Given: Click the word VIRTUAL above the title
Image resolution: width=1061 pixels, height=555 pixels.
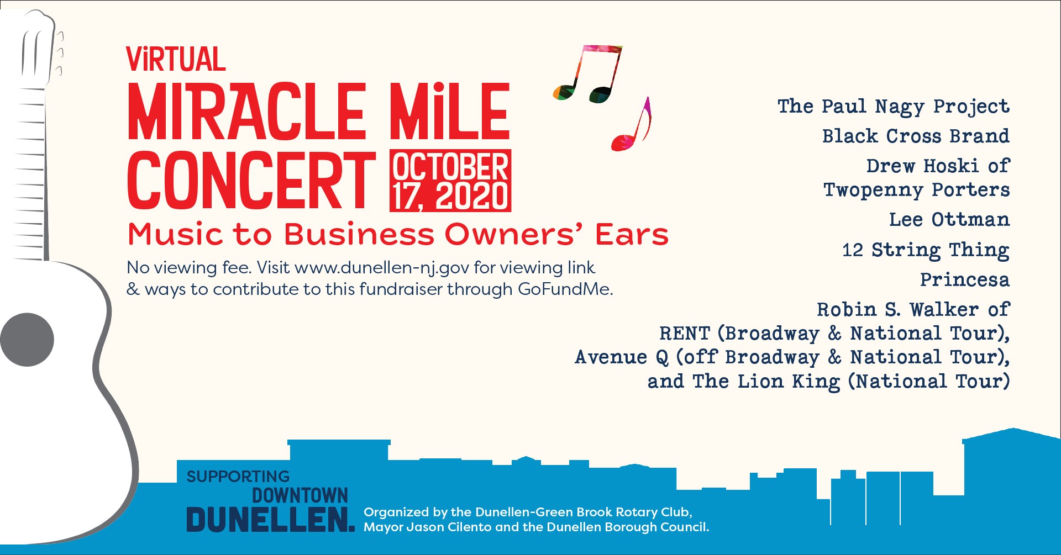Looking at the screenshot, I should (x=176, y=60).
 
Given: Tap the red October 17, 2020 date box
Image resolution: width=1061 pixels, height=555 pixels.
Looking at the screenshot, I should (x=450, y=181).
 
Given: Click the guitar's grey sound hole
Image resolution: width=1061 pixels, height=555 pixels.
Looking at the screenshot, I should (x=27, y=340).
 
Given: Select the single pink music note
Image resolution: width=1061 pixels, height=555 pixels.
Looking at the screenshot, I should (x=632, y=126).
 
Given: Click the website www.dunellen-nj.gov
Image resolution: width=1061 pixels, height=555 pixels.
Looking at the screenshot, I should (x=382, y=268).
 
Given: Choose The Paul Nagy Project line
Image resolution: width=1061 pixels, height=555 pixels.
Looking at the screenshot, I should (x=893, y=106).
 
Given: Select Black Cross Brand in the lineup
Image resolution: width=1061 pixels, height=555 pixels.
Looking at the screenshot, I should (x=915, y=136).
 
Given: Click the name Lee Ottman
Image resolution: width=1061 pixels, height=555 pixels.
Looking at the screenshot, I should (x=949, y=220).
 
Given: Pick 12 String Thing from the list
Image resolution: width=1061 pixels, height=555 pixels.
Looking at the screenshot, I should (x=925, y=250).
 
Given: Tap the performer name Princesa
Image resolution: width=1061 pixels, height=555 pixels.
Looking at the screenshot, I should (x=964, y=279).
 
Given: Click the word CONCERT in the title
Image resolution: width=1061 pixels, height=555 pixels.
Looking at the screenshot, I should (x=251, y=181).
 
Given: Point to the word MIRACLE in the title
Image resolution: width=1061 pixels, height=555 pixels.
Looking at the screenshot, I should (x=246, y=112).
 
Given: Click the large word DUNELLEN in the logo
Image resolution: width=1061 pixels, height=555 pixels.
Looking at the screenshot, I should (x=270, y=520).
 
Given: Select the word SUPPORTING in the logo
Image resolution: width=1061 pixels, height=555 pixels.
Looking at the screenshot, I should (x=238, y=476).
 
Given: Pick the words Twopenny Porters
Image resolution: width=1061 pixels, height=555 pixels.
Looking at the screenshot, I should (x=916, y=189).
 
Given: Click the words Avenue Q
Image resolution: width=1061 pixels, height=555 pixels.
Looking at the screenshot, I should (x=622, y=357).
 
